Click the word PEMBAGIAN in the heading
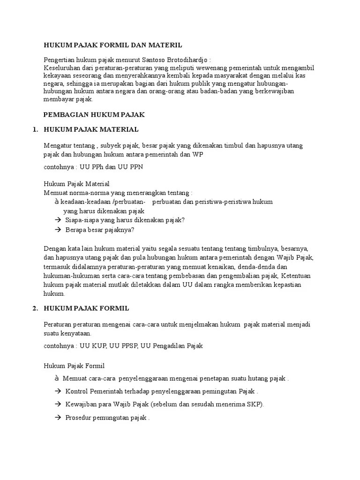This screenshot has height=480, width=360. [63, 114]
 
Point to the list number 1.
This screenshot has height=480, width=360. [35, 129]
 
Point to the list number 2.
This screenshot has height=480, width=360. [35, 308]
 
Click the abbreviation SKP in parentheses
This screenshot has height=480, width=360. [255, 405]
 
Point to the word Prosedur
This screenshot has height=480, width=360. [80, 418]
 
